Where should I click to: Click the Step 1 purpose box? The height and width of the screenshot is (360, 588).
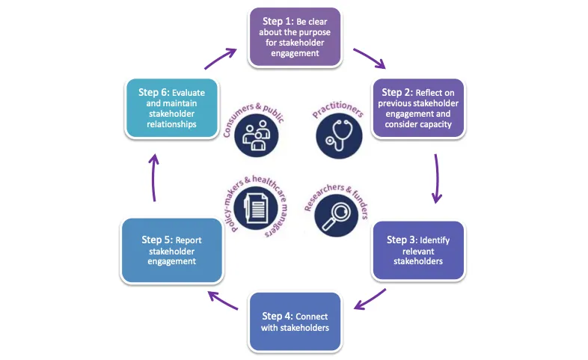coord(294,37)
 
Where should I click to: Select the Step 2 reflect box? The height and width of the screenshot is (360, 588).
coord(419,108)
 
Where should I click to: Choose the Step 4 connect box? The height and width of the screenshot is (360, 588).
coord(294,322)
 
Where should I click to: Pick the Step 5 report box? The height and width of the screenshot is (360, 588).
coord(171,251)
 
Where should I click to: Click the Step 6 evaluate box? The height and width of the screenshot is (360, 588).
coord(172,108)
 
